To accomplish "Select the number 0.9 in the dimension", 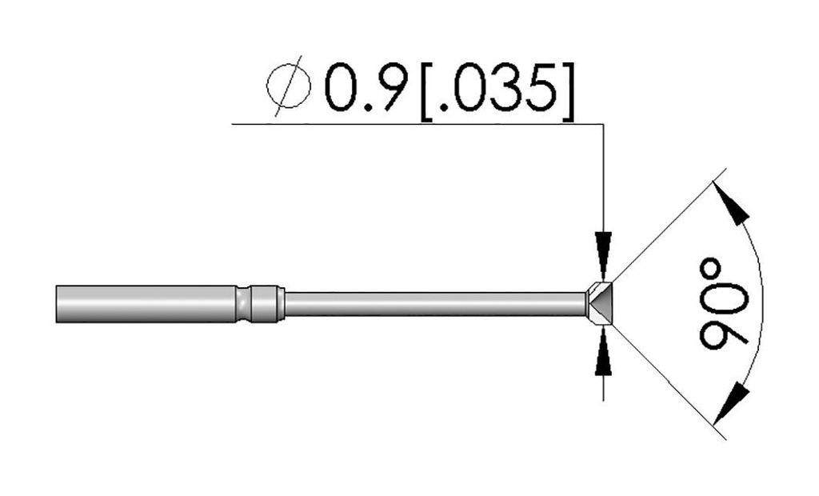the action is tap(365, 86).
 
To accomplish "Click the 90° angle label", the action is tap(724, 304).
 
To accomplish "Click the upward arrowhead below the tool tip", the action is tap(603, 352).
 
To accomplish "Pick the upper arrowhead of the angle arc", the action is tap(731, 202).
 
